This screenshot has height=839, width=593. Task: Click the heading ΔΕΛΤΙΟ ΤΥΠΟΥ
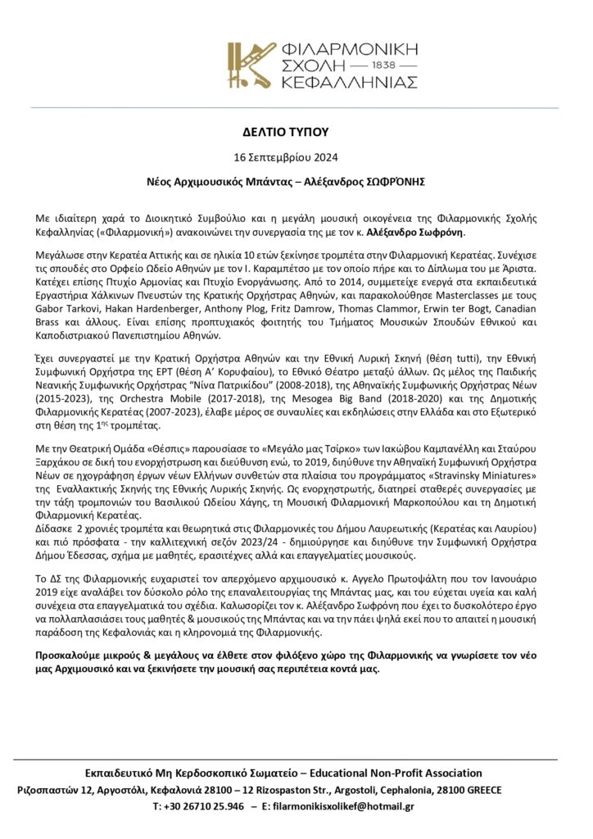296,130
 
